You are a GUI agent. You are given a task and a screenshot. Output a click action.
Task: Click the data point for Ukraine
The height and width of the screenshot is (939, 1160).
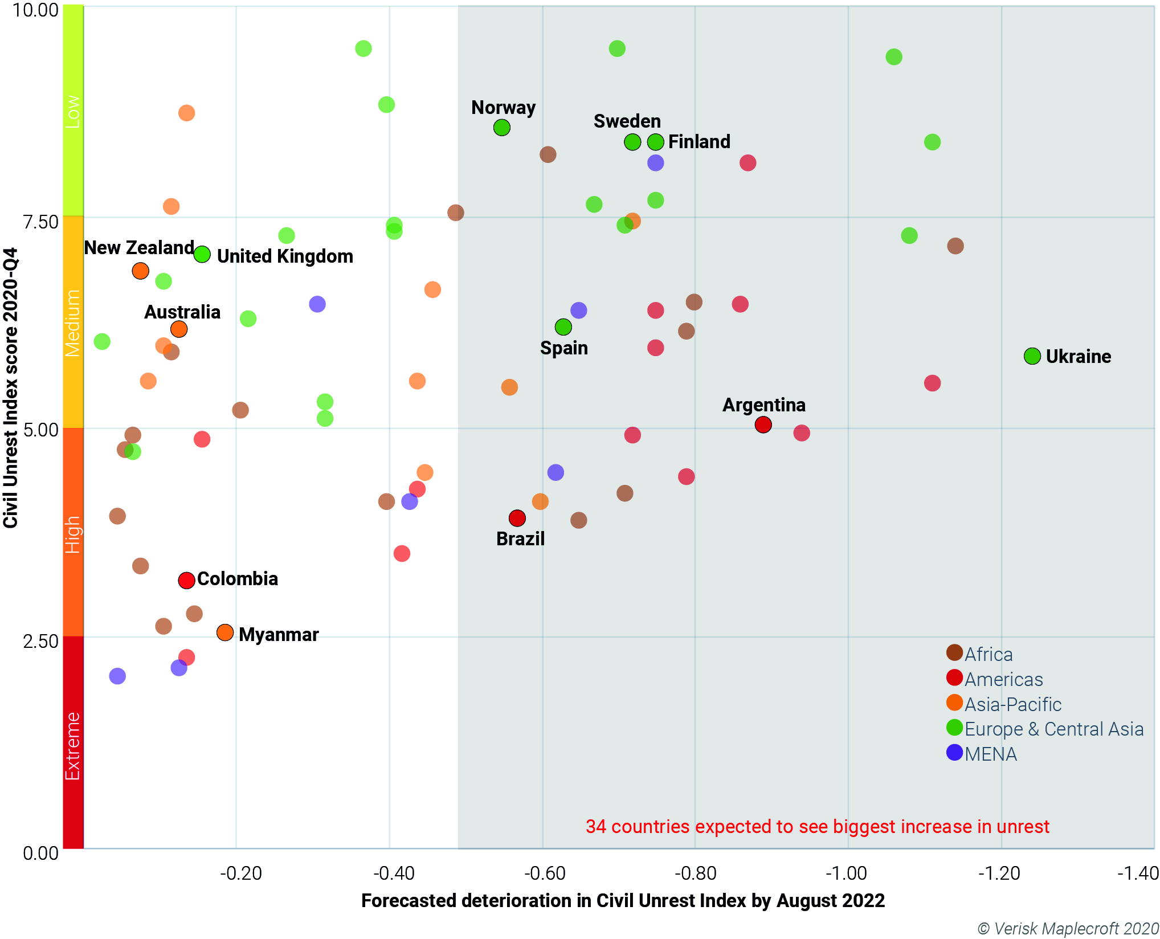[x=1032, y=356]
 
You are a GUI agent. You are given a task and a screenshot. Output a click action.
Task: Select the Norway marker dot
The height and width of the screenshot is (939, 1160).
[x=501, y=128]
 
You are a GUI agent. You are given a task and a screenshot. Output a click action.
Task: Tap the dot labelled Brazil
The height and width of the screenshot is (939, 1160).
[x=517, y=518]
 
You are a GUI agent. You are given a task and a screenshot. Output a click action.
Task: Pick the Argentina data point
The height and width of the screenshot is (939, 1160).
[x=763, y=424]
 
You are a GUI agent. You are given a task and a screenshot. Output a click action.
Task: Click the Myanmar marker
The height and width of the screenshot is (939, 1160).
[x=225, y=632]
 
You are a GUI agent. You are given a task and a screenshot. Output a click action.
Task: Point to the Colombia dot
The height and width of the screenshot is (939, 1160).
[x=186, y=581]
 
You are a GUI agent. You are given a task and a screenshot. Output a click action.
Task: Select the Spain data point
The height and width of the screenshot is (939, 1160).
[x=563, y=327]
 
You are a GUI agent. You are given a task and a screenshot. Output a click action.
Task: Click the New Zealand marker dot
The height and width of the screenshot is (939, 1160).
[x=140, y=271]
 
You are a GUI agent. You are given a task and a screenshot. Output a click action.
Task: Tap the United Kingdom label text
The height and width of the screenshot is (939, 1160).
[x=285, y=256]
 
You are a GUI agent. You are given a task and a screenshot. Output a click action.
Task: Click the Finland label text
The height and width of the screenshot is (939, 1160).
[x=699, y=141]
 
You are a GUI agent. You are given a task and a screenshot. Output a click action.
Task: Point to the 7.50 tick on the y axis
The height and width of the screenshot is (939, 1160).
[x=40, y=222]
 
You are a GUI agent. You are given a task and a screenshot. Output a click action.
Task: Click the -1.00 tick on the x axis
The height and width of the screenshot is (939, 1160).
[x=847, y=873]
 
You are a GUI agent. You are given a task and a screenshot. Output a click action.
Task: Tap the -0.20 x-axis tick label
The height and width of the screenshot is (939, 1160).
[x=240, y=873]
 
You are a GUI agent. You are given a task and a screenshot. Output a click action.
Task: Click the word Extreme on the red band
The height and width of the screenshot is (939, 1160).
[x=73, y=746]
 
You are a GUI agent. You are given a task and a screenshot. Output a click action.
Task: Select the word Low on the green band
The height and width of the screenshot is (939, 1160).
[x=73, y=111]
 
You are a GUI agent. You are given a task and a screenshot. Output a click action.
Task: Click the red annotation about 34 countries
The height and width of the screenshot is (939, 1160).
[x=817, y=826]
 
